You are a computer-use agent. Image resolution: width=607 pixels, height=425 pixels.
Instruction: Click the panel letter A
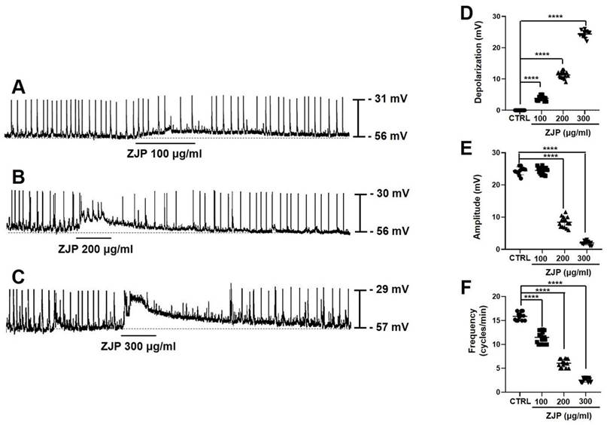19,88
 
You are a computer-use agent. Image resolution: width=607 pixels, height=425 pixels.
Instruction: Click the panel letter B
19,178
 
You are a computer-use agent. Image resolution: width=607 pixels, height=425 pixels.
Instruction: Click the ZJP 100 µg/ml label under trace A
164,152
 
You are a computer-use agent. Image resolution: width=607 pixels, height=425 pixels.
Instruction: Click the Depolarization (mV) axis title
478,63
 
